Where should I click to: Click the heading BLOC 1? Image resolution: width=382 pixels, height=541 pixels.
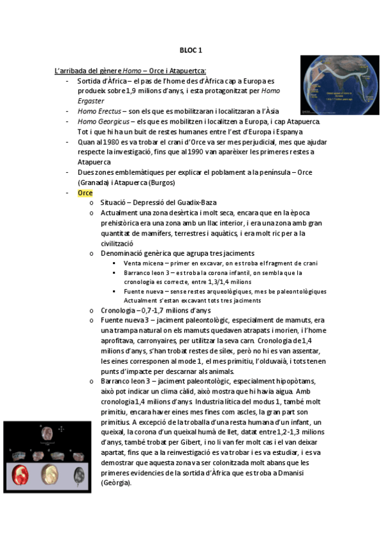point(191,50)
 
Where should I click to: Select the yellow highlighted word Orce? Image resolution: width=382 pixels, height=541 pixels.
point(85,193)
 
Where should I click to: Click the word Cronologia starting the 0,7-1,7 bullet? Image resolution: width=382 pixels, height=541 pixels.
point(120,310)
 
